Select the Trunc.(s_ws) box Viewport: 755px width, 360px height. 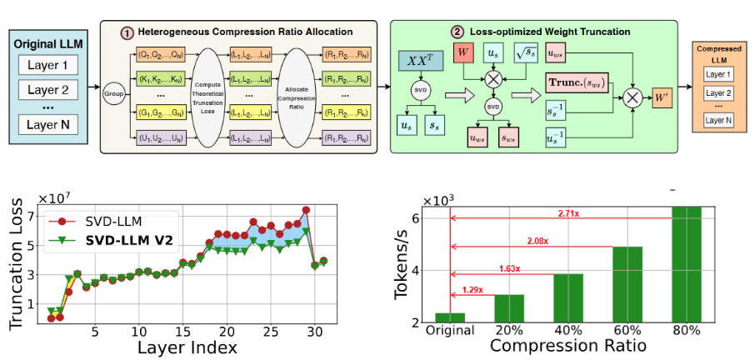[x=577, y=83]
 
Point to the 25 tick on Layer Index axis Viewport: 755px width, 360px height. [x=271, y=331]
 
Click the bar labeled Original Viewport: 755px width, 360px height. [x=451, y=317]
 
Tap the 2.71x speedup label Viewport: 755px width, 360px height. [x=567, y=214]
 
